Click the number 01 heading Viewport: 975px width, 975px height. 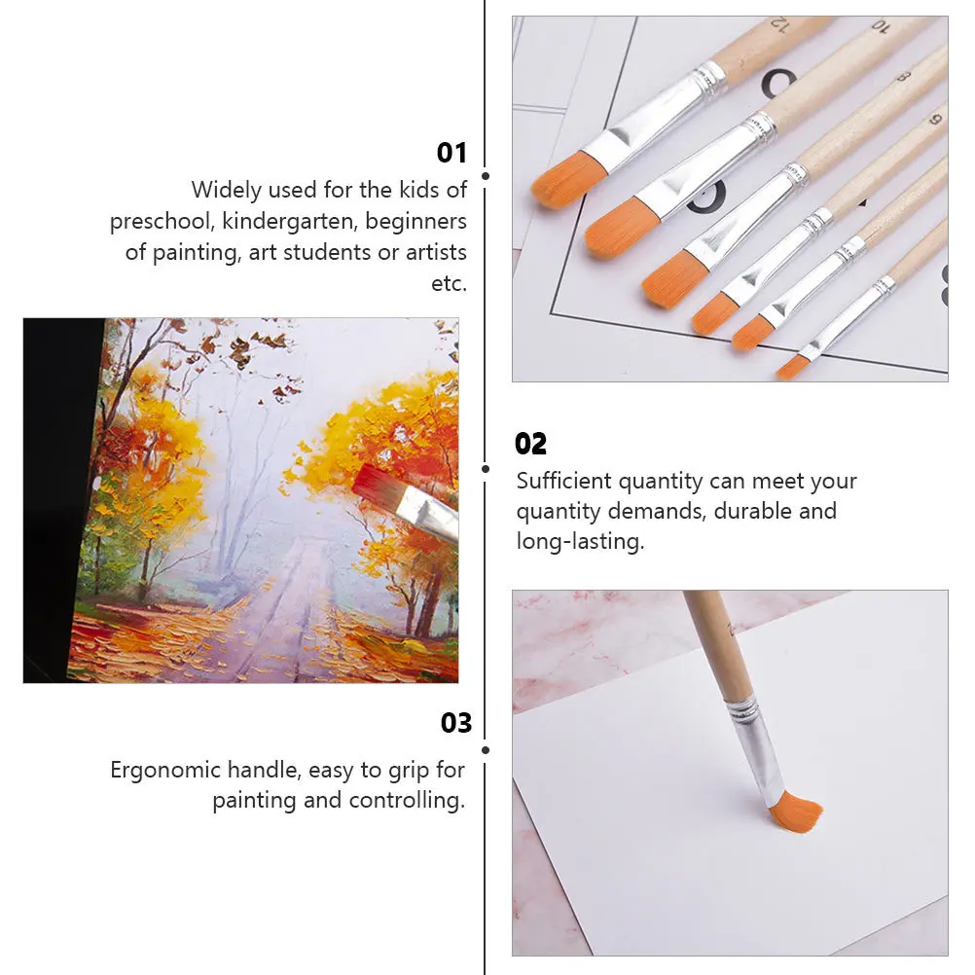tap(451, 153)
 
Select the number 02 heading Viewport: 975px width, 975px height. tap(530, 444)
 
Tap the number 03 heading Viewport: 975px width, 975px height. tap(455, 723)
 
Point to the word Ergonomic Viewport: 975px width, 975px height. tap(166, 770)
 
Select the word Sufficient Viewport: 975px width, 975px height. tap(563, 481)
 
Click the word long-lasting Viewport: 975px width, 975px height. tap(580, 542)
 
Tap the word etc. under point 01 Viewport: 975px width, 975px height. tap(449, 283)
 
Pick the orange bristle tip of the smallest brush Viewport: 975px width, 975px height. tap(792, 368)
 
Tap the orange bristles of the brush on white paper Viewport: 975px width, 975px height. tap(795, 812)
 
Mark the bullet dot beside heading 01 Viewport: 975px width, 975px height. tap(486, 177)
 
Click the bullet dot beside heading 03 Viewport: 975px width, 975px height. tap(486, 749)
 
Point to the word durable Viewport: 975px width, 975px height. tap(753, 511)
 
